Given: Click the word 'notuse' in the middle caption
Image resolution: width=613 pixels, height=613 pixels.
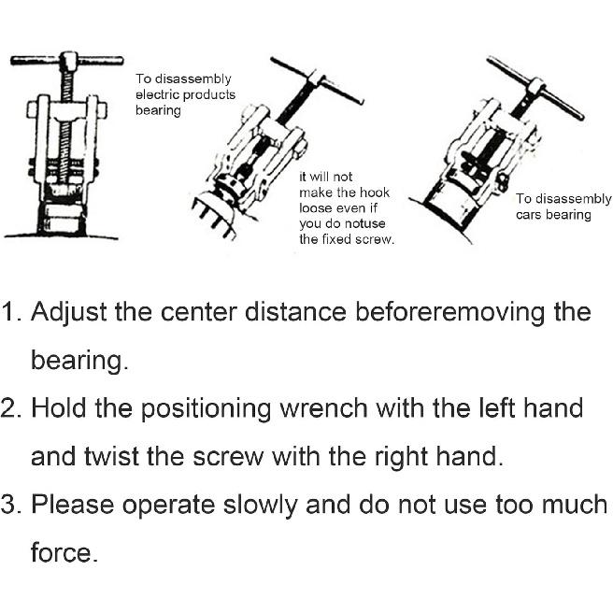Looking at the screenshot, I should point(364,223).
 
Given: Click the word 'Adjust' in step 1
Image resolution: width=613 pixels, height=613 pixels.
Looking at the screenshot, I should point(68,312).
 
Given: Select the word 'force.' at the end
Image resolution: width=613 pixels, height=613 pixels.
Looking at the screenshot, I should point(64,553).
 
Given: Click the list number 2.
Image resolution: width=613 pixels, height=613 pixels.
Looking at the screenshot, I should point(11,409).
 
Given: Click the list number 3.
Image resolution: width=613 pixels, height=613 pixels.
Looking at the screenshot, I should point(11,506).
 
